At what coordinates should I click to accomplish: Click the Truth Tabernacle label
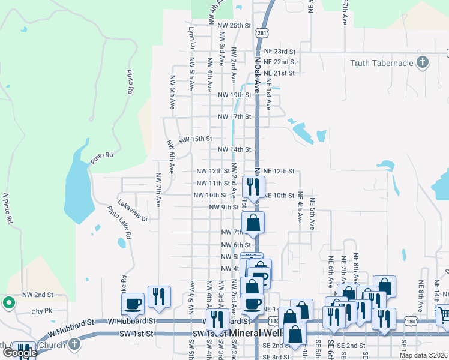(x=382, y=63)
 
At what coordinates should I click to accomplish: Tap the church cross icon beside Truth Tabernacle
(x=423, y=62)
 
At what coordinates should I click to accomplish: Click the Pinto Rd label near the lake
(x=102, y=155)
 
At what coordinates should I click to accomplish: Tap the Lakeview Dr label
(x=133, y=211)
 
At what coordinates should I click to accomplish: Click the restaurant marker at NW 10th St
(x=252, y=187)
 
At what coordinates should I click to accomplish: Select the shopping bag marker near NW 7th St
(x=253, y=222)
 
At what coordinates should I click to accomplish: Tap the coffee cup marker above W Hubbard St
(x=133, y=304)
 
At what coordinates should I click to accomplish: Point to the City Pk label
(x=42, y=311)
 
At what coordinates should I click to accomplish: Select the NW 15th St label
(x=196, y=139)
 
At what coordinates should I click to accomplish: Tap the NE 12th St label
(x=279, y=171)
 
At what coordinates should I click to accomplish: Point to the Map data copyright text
(x=423, y=355)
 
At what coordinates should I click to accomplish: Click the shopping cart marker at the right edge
(x=443, y=314)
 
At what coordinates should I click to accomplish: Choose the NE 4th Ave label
(x=300, y=209)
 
